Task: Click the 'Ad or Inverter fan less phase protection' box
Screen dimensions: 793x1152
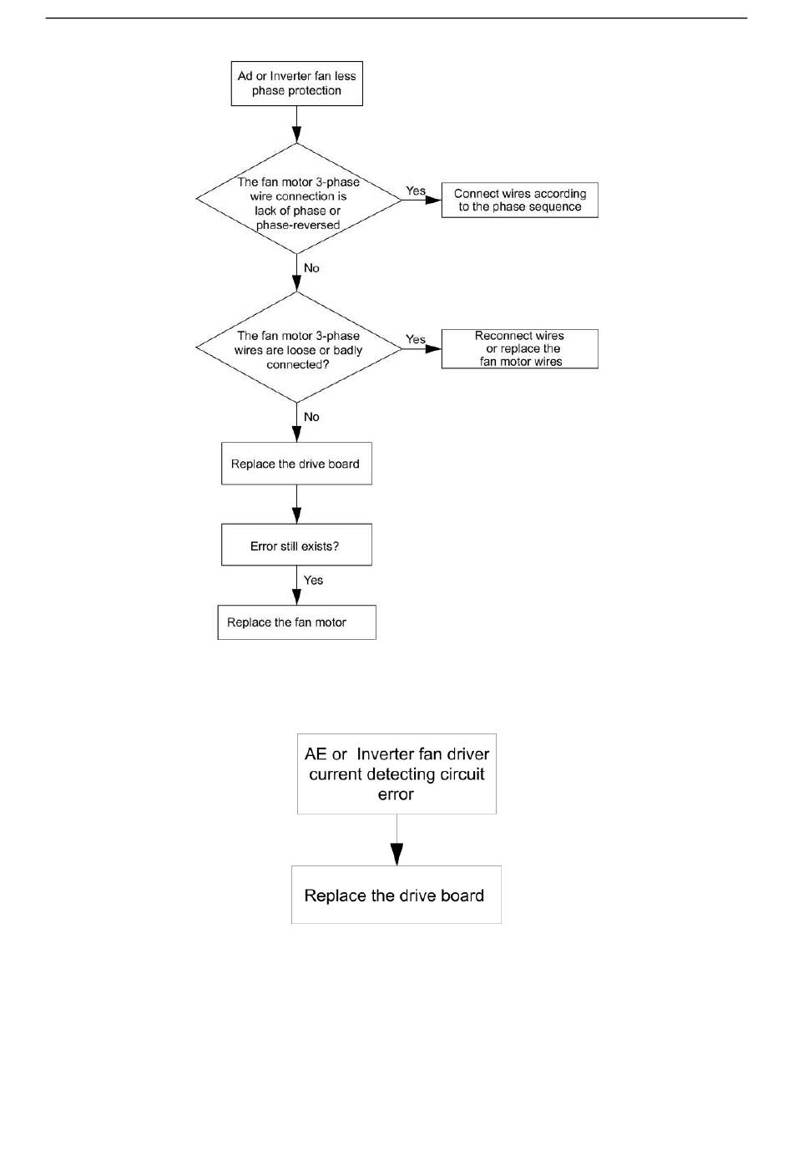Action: tap(296, 84)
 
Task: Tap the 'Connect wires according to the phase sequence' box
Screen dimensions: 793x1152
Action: tap(519, 200)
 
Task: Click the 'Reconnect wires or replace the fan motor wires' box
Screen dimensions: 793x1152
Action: tap(519, 348)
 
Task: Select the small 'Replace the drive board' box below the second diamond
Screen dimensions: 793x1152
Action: tap(296, 464)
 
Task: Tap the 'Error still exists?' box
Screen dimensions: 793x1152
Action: tap(296, 546)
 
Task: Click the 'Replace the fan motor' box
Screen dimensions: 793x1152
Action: tap(296, 622)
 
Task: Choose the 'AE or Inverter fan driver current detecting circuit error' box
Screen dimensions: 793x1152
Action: tap(396, 774)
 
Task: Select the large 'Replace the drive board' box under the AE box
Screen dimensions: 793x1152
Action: tap(396, 896)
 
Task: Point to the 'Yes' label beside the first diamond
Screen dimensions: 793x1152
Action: tap(415, 190)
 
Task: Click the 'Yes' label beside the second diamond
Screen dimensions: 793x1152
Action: tap(415, 339)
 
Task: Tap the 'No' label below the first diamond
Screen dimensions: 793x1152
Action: tap(311, 268)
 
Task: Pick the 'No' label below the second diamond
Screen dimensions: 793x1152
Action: tap(311, 417)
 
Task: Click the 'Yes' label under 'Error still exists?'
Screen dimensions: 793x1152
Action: tap(313, 580)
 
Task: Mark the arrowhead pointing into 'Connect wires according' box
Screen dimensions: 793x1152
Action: tap(433, 200)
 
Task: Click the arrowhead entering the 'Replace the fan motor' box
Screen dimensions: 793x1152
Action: tap(296, 596)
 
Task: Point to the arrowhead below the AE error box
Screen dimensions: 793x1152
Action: tap(396, 855)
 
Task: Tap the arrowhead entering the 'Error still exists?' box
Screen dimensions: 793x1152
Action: tap(296, 515)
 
